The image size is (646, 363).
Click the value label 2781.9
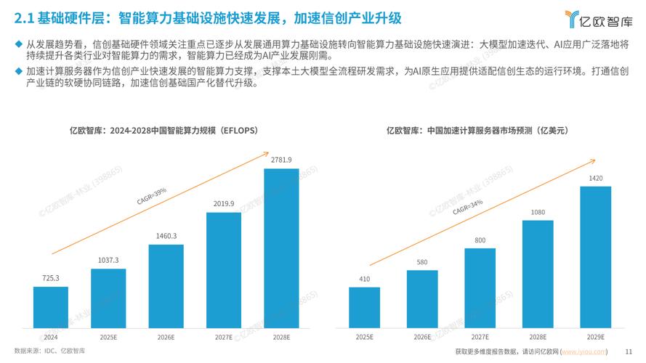pos(280,160)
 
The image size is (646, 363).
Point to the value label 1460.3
pos(166,236)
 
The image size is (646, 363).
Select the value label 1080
pos(538,212)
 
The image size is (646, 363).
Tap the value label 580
pos(422,262)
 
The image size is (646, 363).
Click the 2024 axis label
pos(50,337)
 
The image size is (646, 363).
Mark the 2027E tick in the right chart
pos(480,337)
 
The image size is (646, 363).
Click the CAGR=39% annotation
pos(152,196)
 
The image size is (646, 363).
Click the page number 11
pos(628,351)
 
